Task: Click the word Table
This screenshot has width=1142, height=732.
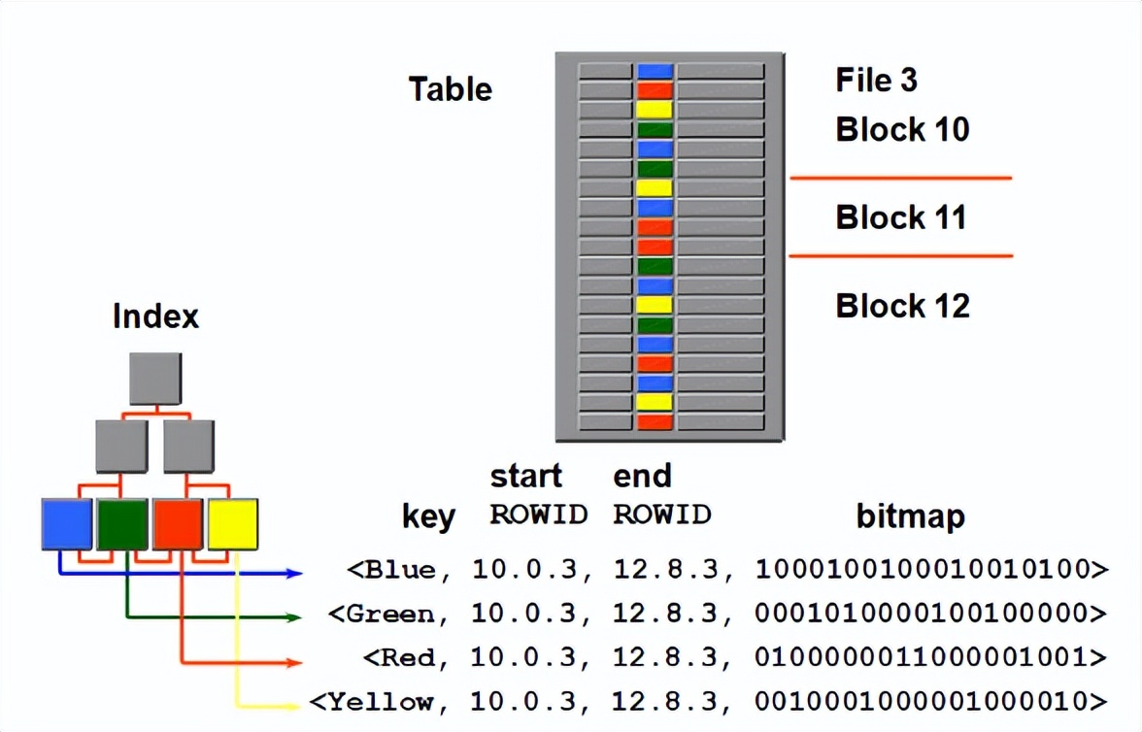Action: pos(450,89)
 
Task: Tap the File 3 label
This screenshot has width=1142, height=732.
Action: pos(876,80)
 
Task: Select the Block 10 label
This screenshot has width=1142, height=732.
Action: pos(902,129)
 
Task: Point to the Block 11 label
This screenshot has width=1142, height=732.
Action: pos(901,217)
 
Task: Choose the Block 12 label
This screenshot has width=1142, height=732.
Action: pos(902,307)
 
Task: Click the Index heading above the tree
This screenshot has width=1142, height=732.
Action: pos(155,316)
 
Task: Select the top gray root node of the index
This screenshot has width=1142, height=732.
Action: pos(155,379)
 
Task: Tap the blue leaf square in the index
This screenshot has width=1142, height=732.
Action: pos(67,524)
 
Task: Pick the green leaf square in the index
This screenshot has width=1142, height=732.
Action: pos(122,524)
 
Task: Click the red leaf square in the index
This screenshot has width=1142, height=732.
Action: pos(178,524)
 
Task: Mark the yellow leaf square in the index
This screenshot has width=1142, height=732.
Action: pos(233,524)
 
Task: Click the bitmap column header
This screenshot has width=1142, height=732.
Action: pos(910,516)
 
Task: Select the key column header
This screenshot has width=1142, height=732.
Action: pos(428,516)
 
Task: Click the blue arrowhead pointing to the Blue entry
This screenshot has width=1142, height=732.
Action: pos(295,574)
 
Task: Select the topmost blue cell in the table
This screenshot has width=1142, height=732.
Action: pos(655,71)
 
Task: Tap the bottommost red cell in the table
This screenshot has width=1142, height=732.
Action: pos(655,422)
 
